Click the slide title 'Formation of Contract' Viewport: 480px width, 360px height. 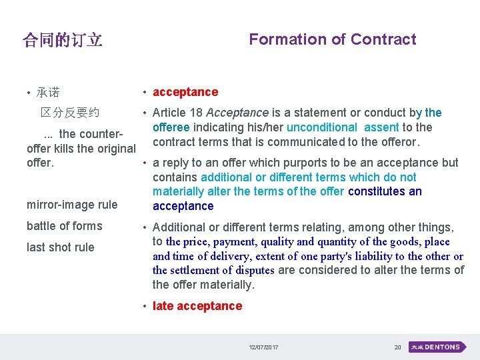(x=332, y=39)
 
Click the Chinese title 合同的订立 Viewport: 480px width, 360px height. (x=63, y=41)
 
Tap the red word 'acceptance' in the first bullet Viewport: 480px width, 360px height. (x=185, y=92)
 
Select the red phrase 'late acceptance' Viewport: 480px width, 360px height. (x=197, y=306)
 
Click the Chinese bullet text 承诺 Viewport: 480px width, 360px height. (x=48, y=93)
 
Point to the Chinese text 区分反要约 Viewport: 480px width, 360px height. (x=70, y=113)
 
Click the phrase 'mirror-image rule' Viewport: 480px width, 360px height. (x=72, y=205)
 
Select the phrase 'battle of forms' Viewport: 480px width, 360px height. (x=65, y=226)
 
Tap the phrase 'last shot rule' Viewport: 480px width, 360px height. (x=61, y=247)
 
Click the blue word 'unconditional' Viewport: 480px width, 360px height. (x=321, y=127)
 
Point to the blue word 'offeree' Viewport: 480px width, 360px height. (x=171, y=127)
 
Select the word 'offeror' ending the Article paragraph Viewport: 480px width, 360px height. (x=397, y=141)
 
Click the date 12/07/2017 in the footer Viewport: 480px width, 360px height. (x=264, y=348)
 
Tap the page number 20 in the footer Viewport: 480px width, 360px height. (x=397, y=348)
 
